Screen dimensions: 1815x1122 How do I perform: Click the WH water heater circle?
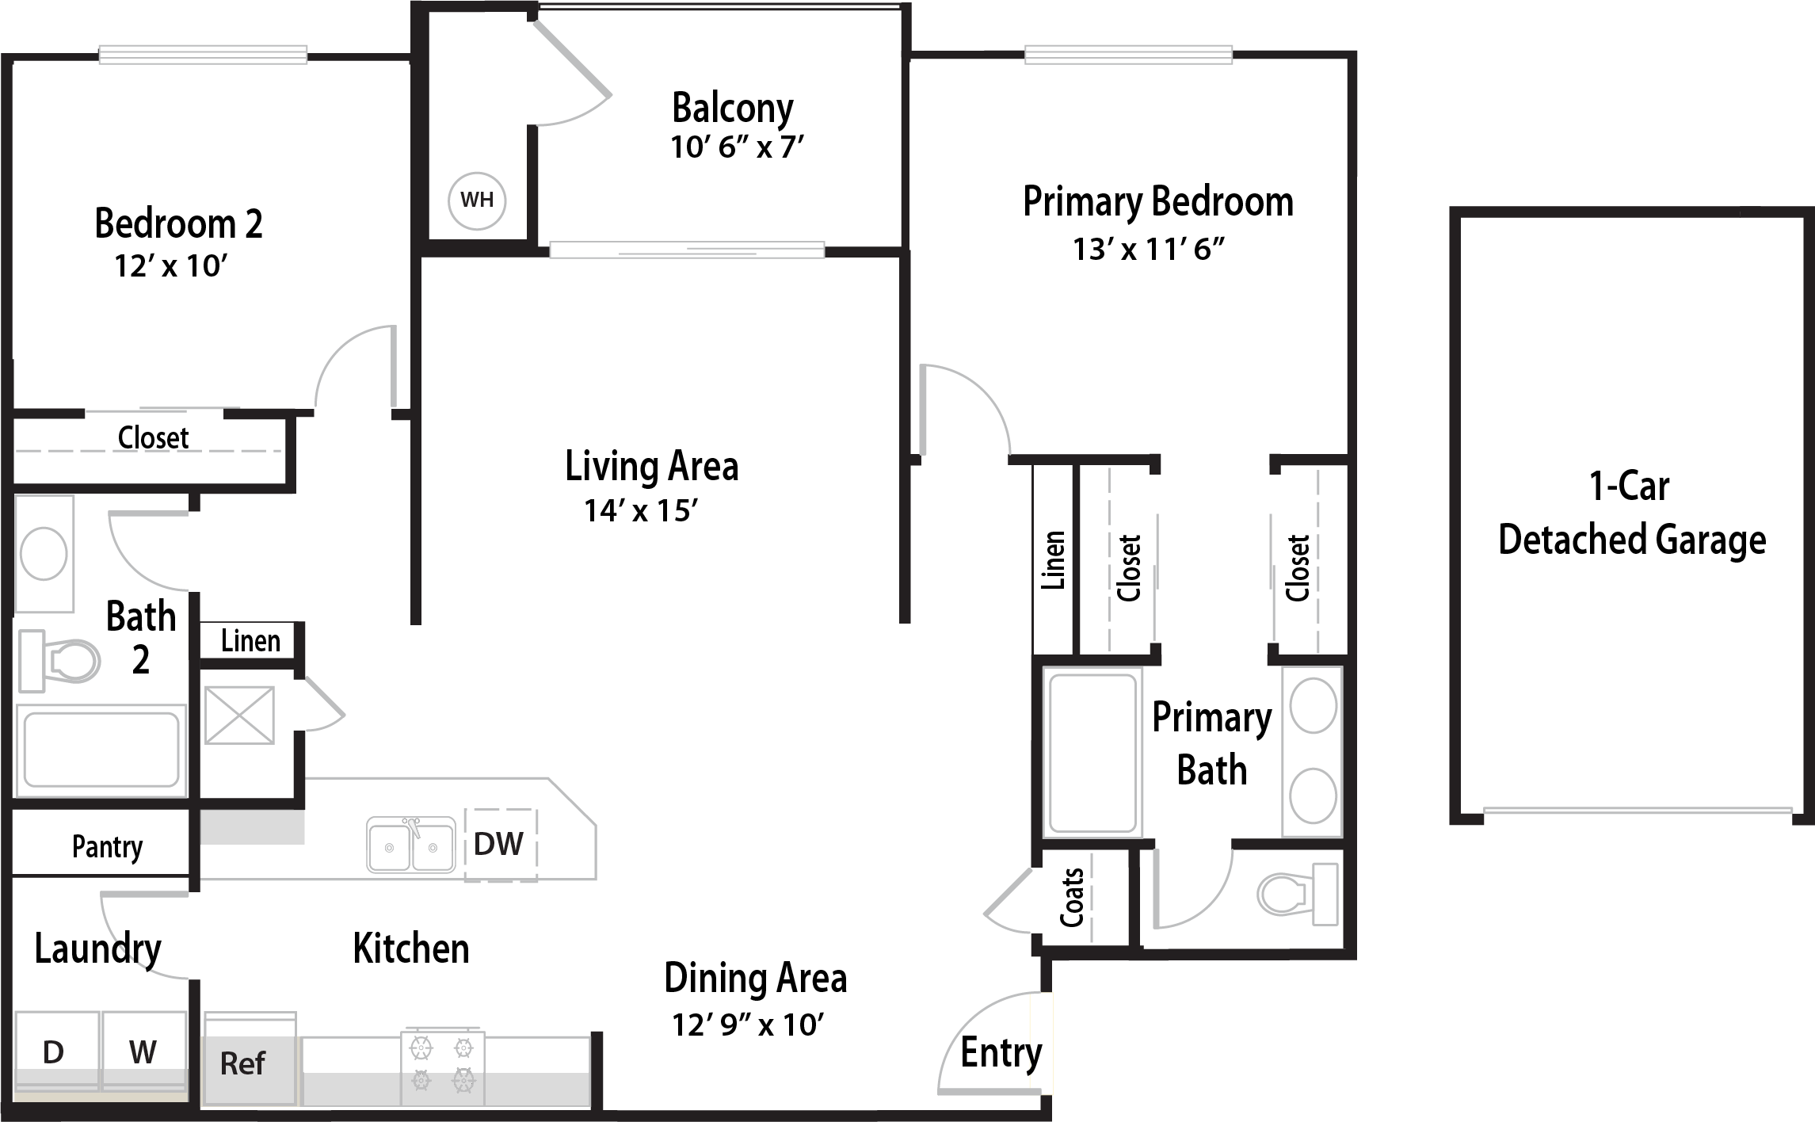coord(476,200)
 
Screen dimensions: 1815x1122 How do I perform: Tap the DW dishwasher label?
coord(498,844)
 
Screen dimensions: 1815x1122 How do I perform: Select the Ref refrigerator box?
coord(250,1059)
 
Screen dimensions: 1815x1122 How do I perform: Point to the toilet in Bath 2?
coord(59,658)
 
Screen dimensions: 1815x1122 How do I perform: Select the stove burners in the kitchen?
coord(443,1067)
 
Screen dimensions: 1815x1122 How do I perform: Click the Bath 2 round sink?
coord(44,554)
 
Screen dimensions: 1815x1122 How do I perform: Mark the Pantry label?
coord(108,847)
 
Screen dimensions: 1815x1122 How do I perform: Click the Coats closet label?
coord(1072,898)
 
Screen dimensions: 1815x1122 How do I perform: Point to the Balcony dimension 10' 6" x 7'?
coord(738,147)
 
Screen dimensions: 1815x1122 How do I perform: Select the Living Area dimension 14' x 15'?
coord(641,510)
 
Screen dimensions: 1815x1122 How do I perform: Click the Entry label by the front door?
coord(1001,1054)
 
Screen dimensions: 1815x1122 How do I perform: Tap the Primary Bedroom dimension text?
coord(1149,249)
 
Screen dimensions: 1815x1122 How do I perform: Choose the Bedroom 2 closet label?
coord(153,437)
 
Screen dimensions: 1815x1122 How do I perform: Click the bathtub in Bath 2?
coord(101,750)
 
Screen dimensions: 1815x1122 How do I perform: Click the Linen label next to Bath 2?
coord(250,640)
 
